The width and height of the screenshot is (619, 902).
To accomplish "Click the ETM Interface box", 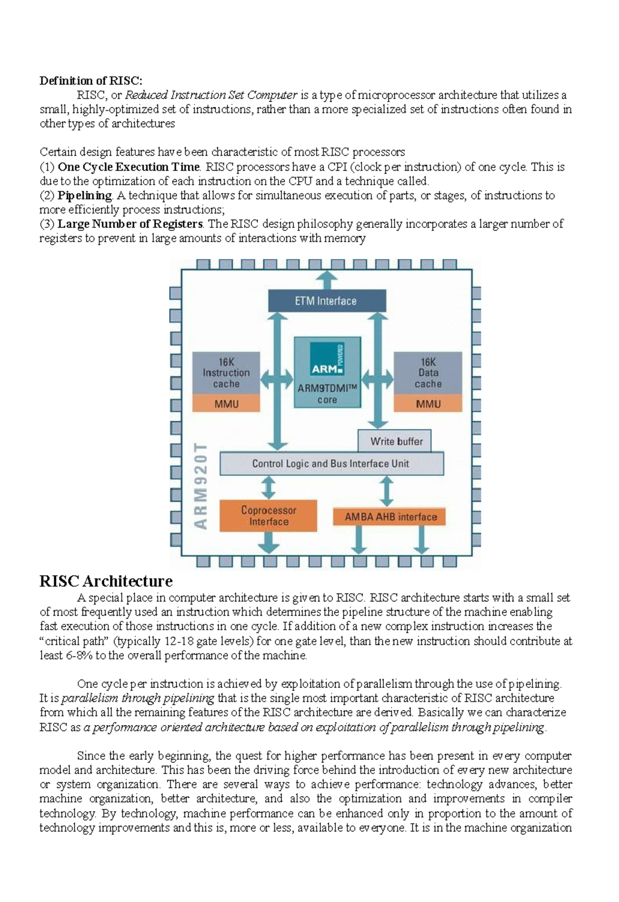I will pos(327,301).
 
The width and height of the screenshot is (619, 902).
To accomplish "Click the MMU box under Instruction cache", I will pos(226,404).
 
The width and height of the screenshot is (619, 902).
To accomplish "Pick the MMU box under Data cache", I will pos(428,404).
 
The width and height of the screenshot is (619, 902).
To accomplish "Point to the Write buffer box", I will pos(396,441).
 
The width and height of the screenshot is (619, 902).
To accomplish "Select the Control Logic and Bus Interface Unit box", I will pos(331,464).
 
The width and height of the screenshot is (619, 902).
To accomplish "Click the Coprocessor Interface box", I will pos(268,516).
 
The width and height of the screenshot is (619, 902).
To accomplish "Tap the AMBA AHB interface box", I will pos(390,517).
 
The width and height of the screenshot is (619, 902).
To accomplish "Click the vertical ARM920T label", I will pos(201,485).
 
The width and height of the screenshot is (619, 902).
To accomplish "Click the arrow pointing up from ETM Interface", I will pos(327,280).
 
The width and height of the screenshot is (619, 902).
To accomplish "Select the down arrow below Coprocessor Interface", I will pos(268,543).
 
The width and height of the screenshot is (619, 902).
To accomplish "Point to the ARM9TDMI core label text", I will pos(327,394).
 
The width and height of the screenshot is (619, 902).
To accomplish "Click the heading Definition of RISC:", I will pos(91,80).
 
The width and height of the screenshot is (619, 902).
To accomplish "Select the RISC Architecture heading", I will pos(106,581).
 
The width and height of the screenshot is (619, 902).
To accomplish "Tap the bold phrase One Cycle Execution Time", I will pos(128,167).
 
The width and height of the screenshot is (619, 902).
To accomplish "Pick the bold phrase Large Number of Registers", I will pos(130,224).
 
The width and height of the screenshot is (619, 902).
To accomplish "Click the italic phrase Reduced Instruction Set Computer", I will pos(211,95).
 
